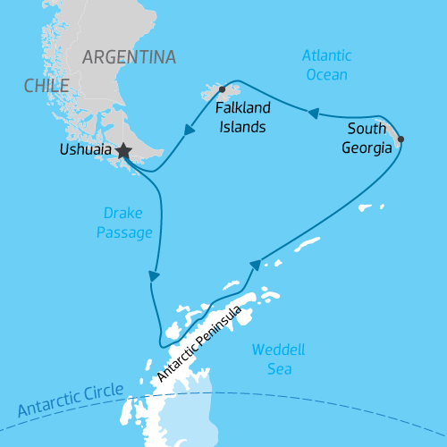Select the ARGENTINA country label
pyautogui.click(x=129, y=57)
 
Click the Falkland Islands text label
pyautogui.click(x=241, y=118)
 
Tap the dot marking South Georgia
pyautogui.click(x=400, y=139)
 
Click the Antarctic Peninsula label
pyautogui.click(x=198, y=348)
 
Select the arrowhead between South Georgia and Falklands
pyautogui.click(x=314, y=114)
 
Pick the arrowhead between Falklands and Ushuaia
pyautogui.click(x=190, y=131)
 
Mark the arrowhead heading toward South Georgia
pyautogui.click(x=256, y=265)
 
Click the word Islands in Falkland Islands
pyautogui.click(x=241, y=127)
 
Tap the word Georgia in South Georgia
pyautogui.click(x=367, y=148)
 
